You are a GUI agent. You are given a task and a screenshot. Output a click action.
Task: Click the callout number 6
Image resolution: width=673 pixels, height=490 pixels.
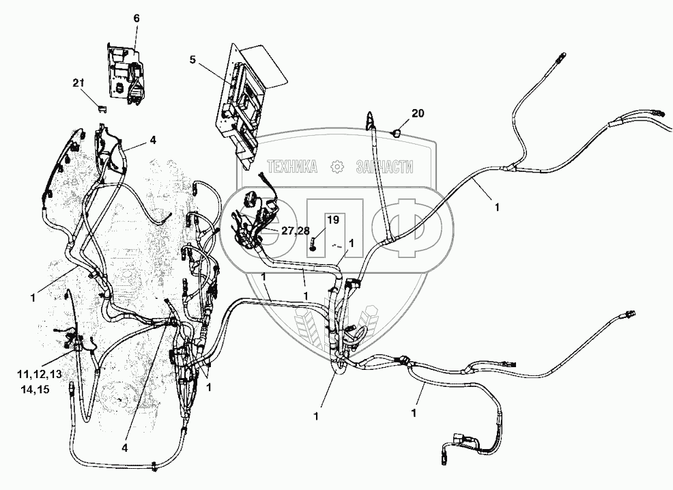coord(137,18)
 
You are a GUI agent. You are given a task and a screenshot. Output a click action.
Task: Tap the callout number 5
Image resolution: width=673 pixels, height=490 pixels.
coord(192,59)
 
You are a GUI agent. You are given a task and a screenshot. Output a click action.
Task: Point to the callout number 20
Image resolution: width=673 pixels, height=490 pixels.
coord(418,113)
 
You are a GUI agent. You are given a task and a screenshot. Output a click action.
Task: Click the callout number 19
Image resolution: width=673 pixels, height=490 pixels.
coord(332,220)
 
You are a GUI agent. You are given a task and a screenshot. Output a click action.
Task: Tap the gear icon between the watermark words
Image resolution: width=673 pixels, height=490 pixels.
coord(336,167)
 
